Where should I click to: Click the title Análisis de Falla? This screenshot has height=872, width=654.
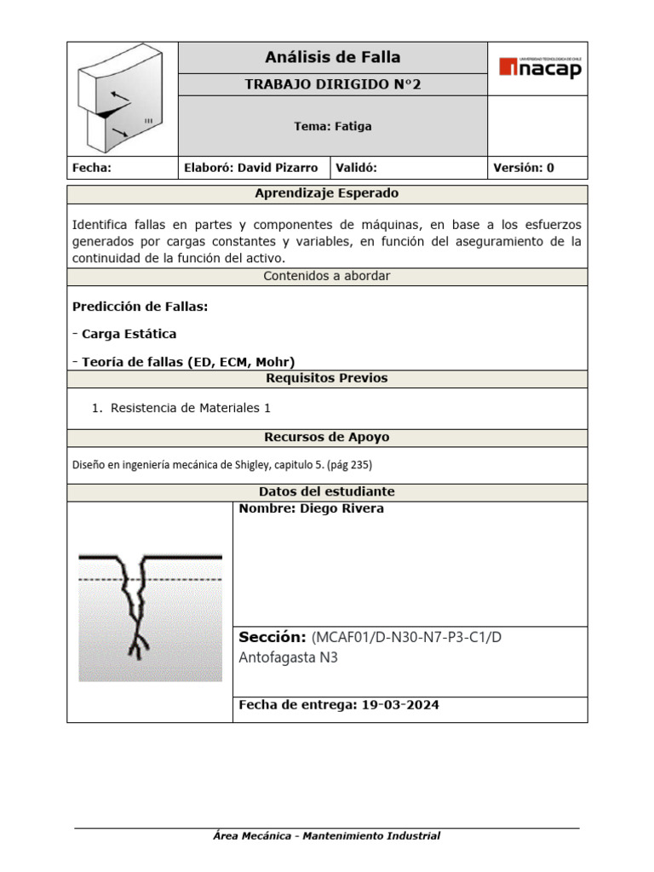tap(332, 58)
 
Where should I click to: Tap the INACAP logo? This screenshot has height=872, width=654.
tap(540, 67)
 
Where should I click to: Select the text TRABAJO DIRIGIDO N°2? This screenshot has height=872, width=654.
tap(332, 84)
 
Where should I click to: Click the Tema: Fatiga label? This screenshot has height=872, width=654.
tap(332, 126)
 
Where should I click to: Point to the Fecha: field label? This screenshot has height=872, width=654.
tap(92, 168)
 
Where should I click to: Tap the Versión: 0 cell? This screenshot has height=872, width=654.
tap(524, 168)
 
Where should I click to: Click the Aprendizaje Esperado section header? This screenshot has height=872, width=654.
tap(327, 193)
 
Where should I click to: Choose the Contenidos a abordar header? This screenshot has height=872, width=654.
tap(327, 276)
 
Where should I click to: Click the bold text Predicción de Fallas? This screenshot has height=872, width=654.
tap(140, 306)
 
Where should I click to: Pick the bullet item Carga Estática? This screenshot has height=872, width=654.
tap(129, 334)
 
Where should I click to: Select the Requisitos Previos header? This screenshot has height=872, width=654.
tap(327, 378)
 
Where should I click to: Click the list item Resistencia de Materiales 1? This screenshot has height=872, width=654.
tap(191, 408)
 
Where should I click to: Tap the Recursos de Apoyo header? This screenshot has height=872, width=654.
tap(327, 437)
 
